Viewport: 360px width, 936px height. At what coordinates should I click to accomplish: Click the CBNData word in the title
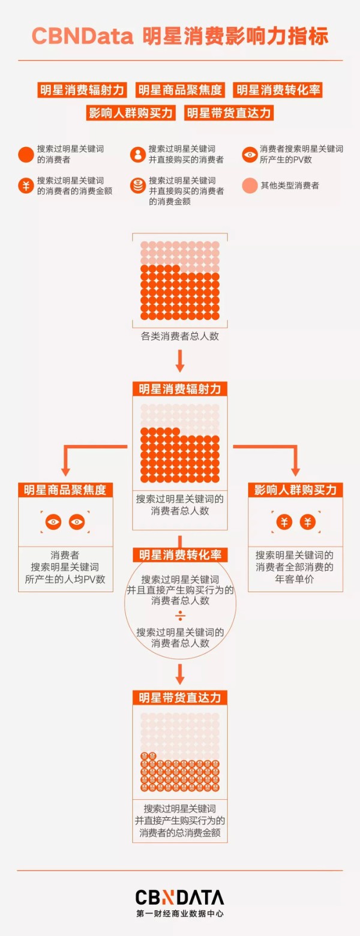[x=83, y=37]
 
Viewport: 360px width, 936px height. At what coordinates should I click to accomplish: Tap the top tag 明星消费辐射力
[x=82, y=90]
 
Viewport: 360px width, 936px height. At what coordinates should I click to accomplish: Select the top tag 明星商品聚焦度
[x=180, y=90]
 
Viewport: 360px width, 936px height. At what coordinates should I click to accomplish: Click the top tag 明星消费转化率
[x=278, y=90]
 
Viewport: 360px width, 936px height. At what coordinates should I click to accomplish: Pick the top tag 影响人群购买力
[x=131, y=113]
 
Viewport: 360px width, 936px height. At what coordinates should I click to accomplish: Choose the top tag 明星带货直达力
[x=229, y=113]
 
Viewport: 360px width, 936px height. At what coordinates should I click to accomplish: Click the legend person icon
[x=138, y=154]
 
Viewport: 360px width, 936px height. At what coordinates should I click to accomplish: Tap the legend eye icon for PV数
[x=250, y=154]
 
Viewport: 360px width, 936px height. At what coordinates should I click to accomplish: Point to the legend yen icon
[x=26, y=185]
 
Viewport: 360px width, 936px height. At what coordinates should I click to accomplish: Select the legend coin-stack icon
[x=138, y=185]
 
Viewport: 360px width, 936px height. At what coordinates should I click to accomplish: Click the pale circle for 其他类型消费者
[x=250, y=185]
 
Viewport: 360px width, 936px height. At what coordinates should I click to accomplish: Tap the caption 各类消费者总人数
[x=180, y=337]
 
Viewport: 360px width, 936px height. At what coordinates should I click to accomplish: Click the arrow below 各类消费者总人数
[x=180, y=361]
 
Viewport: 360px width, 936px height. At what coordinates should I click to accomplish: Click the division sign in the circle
[x=180, y=616]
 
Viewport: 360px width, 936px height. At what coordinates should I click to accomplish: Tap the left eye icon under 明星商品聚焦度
[x=53, y=521]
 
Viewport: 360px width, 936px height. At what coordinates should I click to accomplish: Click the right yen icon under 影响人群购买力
[x=308, y=521]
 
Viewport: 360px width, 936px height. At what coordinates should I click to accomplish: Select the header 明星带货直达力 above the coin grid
[x=180, y=698]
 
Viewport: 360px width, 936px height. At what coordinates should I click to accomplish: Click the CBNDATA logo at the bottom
[x=180, y=897]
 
